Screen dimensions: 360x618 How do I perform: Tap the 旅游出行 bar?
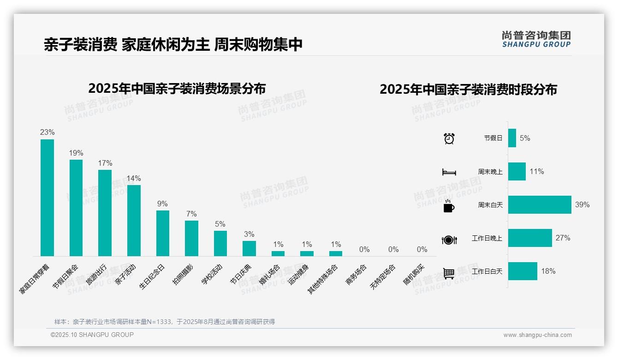[105, 213]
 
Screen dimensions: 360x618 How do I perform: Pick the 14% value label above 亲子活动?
[134, 178]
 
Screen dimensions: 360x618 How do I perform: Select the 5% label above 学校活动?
[220, 224]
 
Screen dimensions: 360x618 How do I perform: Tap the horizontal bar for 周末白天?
[540, 204]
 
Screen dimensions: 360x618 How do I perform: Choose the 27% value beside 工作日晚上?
[563, 238]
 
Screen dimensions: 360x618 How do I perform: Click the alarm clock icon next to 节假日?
[449, 138]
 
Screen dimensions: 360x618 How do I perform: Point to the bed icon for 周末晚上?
[449, 172]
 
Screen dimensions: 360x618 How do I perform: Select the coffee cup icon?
[449, 206]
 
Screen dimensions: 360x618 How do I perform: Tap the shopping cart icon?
[449, 273]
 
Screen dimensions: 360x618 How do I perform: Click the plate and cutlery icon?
[449, 240]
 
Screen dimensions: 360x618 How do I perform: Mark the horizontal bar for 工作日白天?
[523, 271]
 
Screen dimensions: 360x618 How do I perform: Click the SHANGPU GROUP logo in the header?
[536, 39]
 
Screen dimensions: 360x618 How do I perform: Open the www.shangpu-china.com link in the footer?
[537, 335]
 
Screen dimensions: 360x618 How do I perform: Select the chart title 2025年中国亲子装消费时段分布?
[468, 89]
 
